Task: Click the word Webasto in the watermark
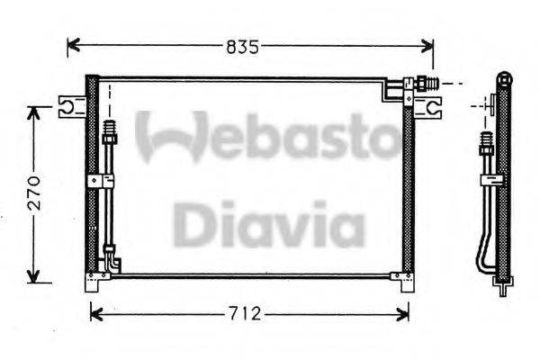pos(266,136)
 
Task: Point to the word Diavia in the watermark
pos(268,224)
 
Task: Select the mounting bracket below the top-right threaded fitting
pos(432,109)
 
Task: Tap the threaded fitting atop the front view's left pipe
pos(110,133)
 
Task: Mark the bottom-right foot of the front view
pos(402,280)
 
